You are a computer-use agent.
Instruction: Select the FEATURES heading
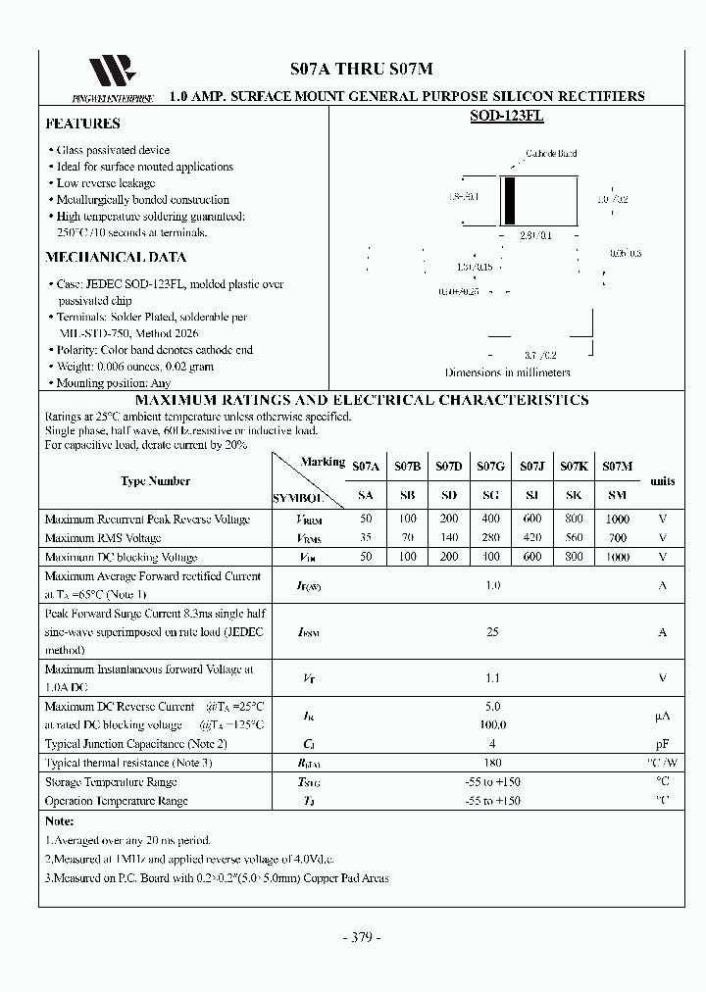pyautogui.click(x=83, y=124)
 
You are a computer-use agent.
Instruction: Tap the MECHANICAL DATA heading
pyautogui.click(x=116, y=258)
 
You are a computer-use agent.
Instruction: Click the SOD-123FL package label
pyautogui.click(x=507, y=116)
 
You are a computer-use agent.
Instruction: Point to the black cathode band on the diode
pyautogui.click(x=510, y=201)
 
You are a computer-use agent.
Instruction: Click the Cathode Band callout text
pyautogui.click(x=551, y=154)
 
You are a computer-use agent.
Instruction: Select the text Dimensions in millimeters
pyautogui.click(x=507, y=372)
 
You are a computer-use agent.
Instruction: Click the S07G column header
pyautogui.click(x=490, y=467)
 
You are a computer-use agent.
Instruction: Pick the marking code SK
pyautogui.click(x=574, y=497)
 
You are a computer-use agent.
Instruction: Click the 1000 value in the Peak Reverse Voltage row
pyautogui.click(x=617, y=519)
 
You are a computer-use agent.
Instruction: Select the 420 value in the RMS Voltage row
pyautogui.click(x=531, y=538)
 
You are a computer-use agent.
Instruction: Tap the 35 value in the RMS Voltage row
pyautogui.click(x=366, y=538)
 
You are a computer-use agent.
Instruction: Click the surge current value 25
pyautogui.click(x=492, y=632)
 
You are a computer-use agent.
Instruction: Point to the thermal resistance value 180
pyautogui.click(x=492, y=762)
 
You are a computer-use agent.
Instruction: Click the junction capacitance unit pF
pyautogui.click(x=663, y=744)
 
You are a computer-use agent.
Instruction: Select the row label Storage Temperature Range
pyautogui.click(x=111, y=782)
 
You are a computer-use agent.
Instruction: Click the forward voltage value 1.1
pyautogui.click(x=492, y=677)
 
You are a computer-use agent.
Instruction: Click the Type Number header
pyautogui.click(x=155, y=481)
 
